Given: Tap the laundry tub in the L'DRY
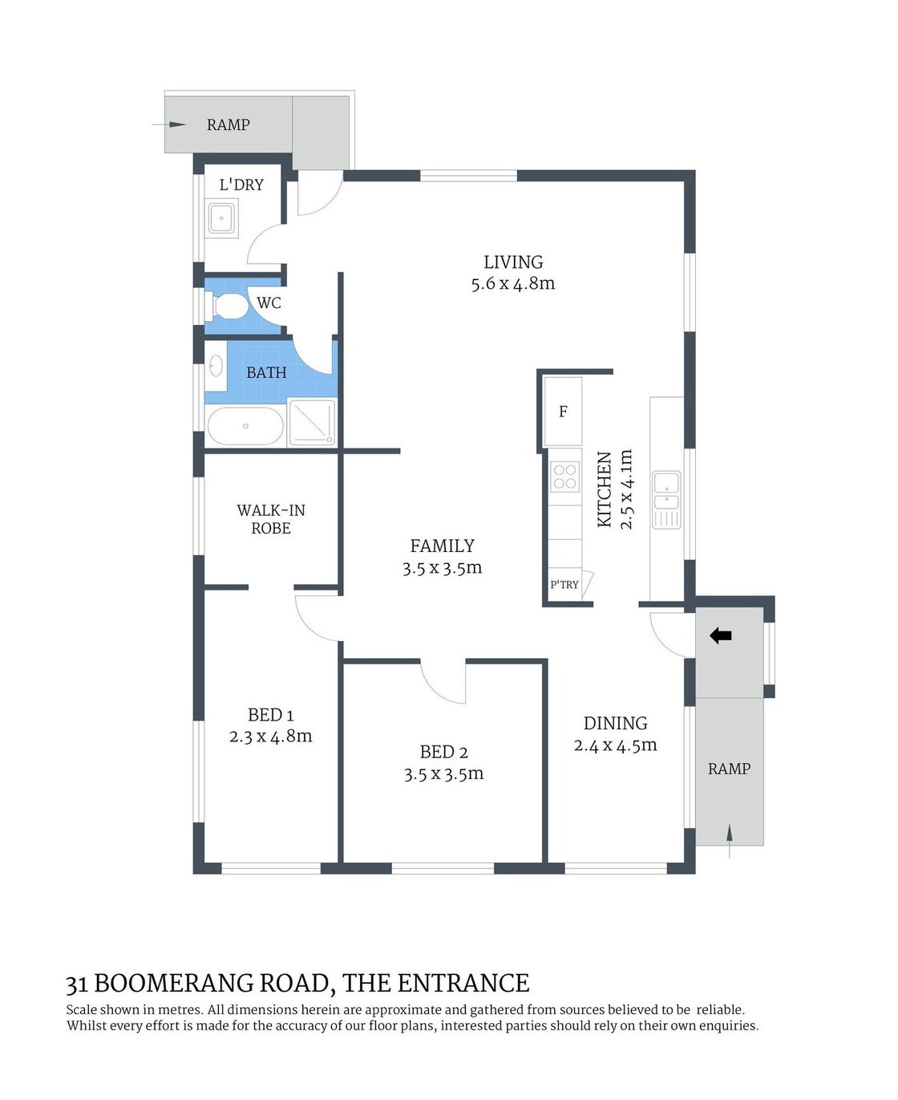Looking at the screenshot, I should (221, 217).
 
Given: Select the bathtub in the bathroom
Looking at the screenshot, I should (245, 426).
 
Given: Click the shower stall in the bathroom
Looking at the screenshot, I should (311, 422).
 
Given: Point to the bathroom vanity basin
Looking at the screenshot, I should (216, 367).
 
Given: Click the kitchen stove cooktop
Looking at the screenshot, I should (564, 477).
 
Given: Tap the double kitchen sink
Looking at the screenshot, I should (666, 491).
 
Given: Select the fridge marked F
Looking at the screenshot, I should (563, 412).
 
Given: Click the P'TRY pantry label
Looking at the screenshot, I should (564, 585).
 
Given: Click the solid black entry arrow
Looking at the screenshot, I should (721, 636).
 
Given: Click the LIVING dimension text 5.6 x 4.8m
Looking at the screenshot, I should (513, 284).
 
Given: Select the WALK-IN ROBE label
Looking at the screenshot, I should (271, 519).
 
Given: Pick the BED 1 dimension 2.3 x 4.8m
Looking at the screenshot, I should (271, 737).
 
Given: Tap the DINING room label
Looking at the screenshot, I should (615, 723).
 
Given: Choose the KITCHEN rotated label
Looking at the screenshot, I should (605, 489).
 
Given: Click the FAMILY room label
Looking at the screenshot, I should (443, 546).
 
